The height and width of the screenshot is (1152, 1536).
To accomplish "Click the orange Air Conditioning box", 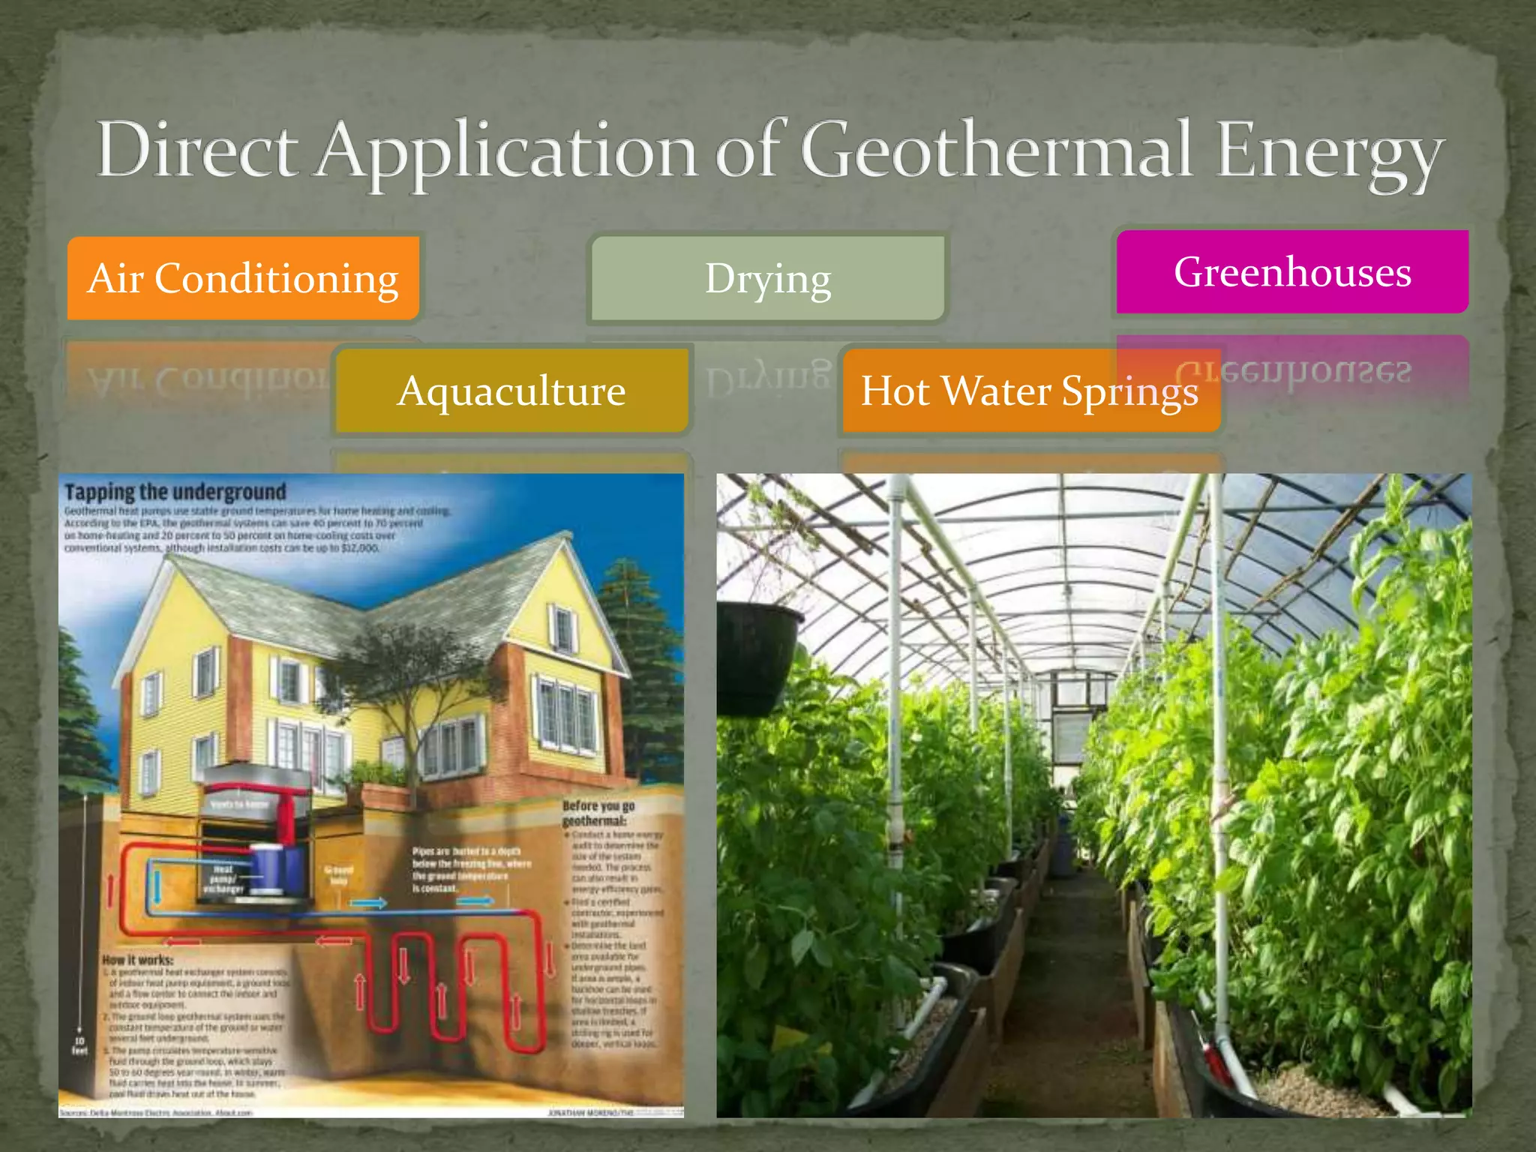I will pos(243,278).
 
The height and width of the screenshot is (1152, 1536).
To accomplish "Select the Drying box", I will pos(767,279).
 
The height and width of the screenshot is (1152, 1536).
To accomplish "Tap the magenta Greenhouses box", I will pos(1291,271).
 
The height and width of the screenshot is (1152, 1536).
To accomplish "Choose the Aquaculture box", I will pos(511,391).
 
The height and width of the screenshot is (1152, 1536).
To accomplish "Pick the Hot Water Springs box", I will pos(1030,391).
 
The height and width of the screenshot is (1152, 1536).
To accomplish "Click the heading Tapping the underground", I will pos(175,492).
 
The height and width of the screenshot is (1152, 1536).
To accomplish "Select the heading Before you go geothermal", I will pos(598,813).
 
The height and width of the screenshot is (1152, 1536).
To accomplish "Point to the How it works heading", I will pos(138,960).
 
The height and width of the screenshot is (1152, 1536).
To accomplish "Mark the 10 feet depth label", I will pos(79,1045).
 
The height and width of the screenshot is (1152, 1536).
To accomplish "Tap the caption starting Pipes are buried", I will pos(471,870).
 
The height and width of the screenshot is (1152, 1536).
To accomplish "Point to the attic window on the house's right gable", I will pos(562,628).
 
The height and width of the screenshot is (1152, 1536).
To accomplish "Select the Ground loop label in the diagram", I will pos(338,875).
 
